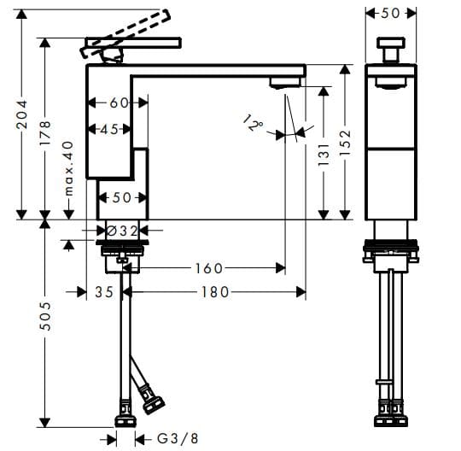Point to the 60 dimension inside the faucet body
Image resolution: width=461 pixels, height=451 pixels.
coord(118,102)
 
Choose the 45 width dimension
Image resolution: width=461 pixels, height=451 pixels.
coord(109,130)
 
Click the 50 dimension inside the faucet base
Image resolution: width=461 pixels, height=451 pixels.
coord(122,198)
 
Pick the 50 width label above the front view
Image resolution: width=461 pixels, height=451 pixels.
coord(390,13)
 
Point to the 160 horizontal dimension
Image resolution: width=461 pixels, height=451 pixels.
coord(209,268)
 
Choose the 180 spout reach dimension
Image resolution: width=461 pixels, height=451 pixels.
coord(213,292)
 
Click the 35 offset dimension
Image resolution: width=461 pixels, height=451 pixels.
coord(104,292)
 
